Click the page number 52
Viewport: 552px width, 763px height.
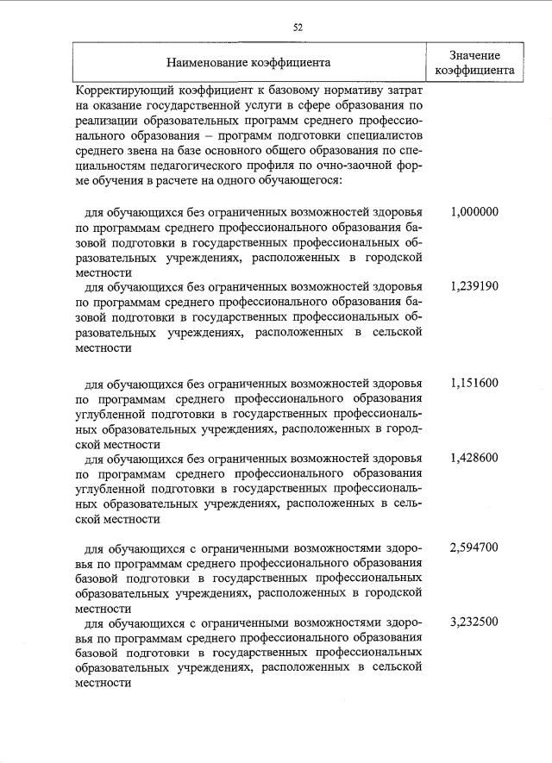click(x=298, y=27)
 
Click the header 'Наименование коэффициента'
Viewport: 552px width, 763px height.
click(x=248, y=62)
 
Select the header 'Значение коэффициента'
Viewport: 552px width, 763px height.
click(x=475, y=62)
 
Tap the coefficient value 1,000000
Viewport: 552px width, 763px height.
click(x=474, y=212)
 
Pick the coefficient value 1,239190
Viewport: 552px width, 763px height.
click(x=474, y=286)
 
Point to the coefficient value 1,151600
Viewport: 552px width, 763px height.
click(x=474, y=382)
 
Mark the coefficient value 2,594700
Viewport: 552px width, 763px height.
click(x=474, y=547)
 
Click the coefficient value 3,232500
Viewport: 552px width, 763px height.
click(x=474, y=622)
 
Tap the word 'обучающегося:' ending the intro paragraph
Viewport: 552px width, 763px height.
click(x=305, y=181)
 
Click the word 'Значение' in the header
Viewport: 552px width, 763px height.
click(x=475, y=54)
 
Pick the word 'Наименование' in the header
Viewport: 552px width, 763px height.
click(x=205, y=62)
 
